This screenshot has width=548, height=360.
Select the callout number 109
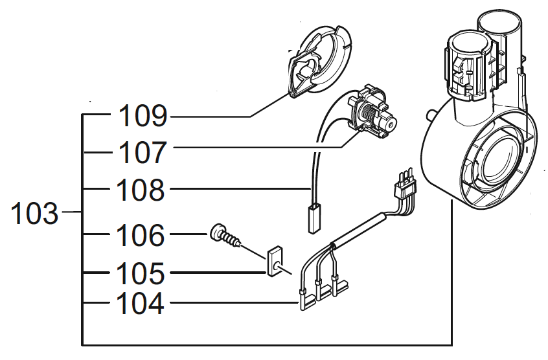[x=143, y=117]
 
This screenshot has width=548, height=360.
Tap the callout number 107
[x=143, y=153]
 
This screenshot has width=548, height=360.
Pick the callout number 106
[x=141, y=236]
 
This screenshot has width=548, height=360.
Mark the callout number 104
[x=141, y=303]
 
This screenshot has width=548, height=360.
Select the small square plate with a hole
[x=274, y=260]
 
